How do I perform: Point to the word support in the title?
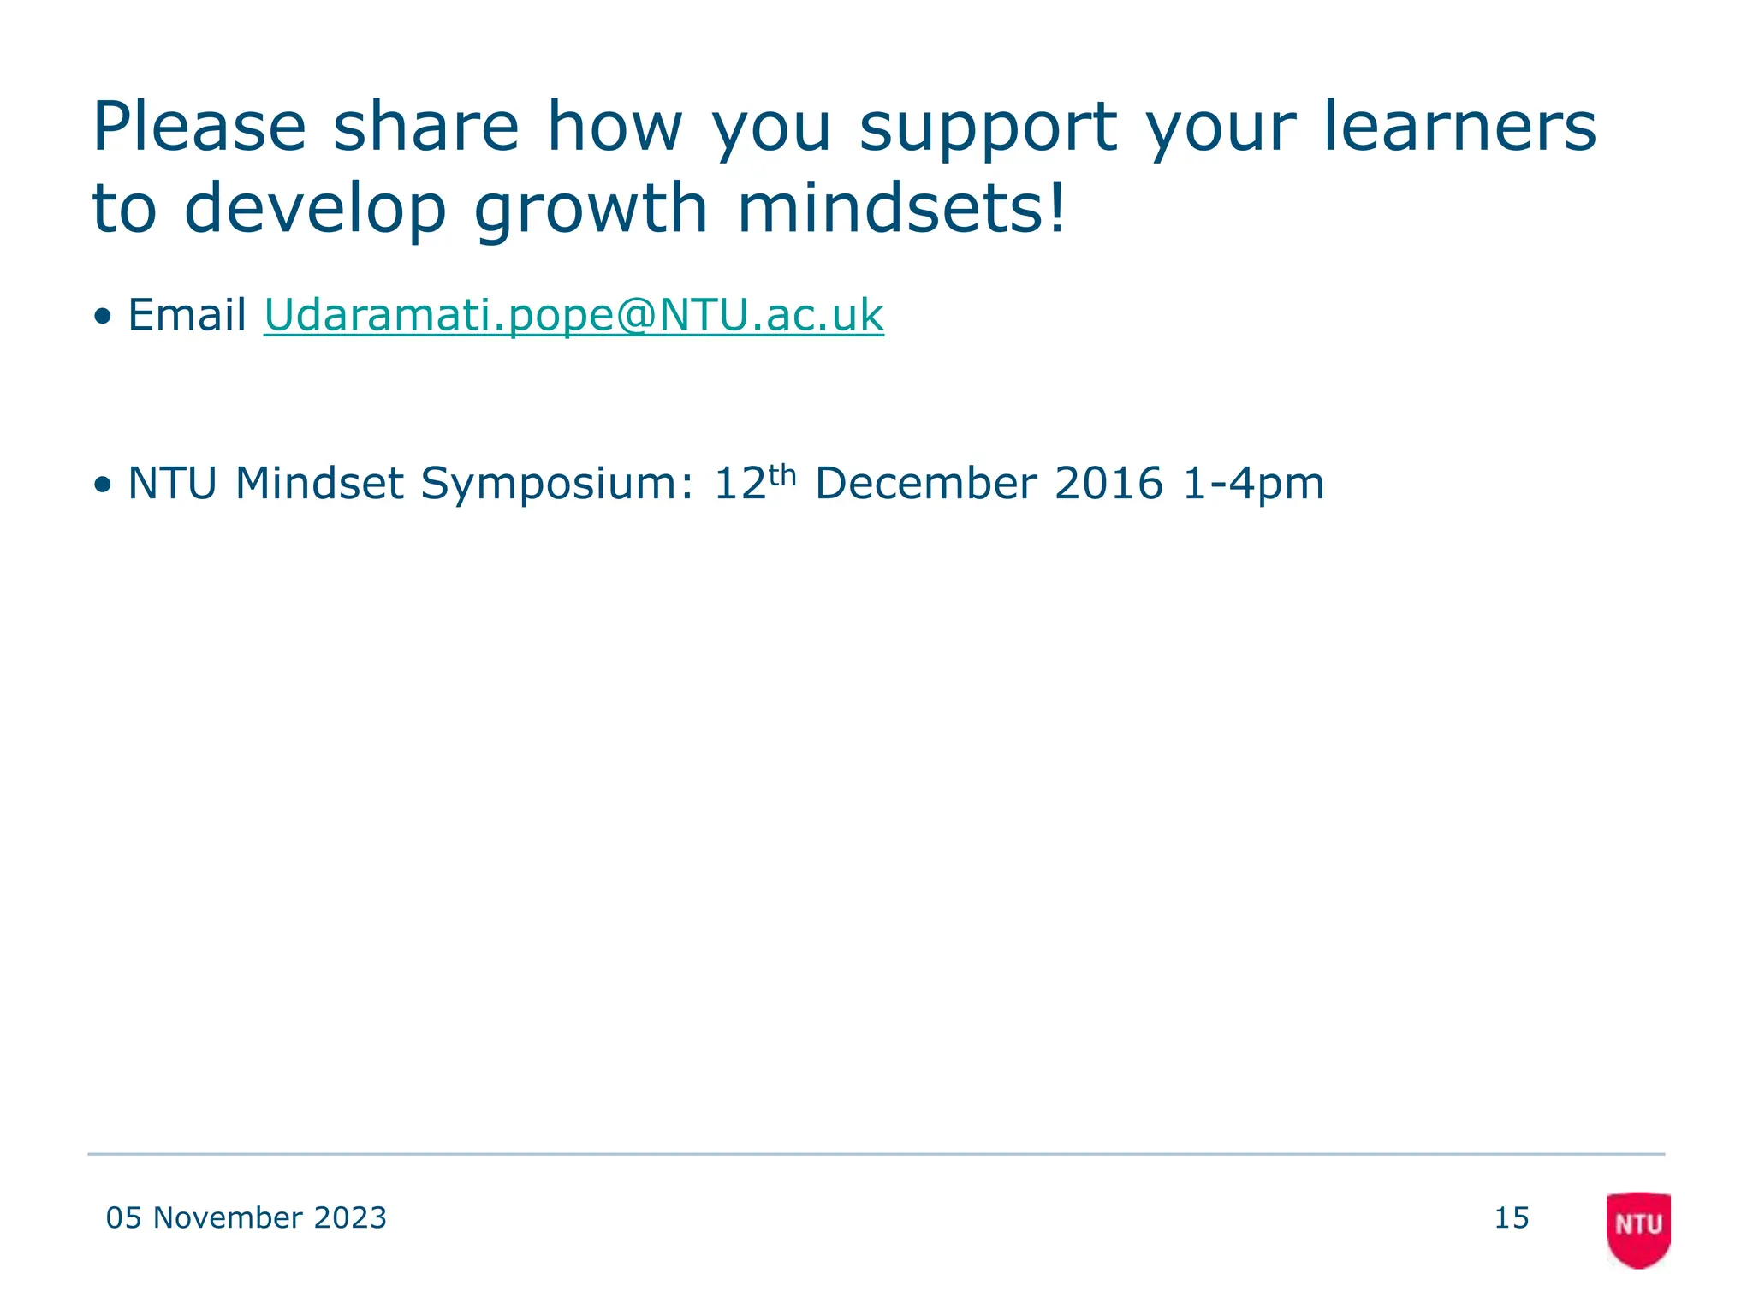(x=988, y=128)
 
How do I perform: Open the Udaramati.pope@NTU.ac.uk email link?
(x=573, y=315)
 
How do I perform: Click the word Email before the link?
(x=187, y=315)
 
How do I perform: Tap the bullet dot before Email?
(x=104, y=317)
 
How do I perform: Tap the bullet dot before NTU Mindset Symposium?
(x=104, y=485)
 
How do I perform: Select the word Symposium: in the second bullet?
(x=557, y=484)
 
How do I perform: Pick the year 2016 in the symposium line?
(x=1108, y=484)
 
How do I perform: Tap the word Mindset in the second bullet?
(x=318, y=484)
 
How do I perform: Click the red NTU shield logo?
(x=1638, y=1229)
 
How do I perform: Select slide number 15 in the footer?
(x=1512, y=1218)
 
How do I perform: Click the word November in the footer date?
(x=228, y=1218)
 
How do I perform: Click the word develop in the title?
(x=315, y=210)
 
